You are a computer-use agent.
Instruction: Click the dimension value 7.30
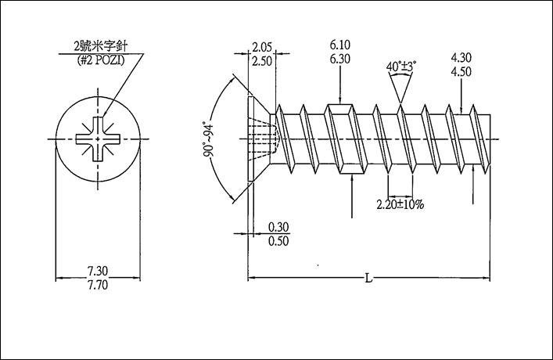coord(98,271)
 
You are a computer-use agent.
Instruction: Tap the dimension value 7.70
coord(98,285)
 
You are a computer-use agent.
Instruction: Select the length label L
coord(368,279)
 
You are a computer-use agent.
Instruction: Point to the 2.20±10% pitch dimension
coord(400,204)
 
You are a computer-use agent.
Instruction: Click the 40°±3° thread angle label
coord(401,66)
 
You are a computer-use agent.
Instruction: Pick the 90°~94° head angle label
coord(209,139)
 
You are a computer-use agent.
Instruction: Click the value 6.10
coord(340,45)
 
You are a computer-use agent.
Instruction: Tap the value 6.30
coord(340,59)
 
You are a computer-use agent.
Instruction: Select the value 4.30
coord(461,57)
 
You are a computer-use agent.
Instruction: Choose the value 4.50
coord(461,72)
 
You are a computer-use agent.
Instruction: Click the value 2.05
coord(262,47)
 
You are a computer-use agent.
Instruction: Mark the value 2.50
coord(262,61)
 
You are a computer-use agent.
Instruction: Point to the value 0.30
coord(278,227)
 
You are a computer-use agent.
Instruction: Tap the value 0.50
coord(278,241)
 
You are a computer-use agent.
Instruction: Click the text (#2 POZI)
coord(101,60)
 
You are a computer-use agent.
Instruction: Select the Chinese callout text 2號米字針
coord(100,46)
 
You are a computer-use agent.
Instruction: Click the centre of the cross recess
coord(98,139)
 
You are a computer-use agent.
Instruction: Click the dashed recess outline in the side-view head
coord(264,139)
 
